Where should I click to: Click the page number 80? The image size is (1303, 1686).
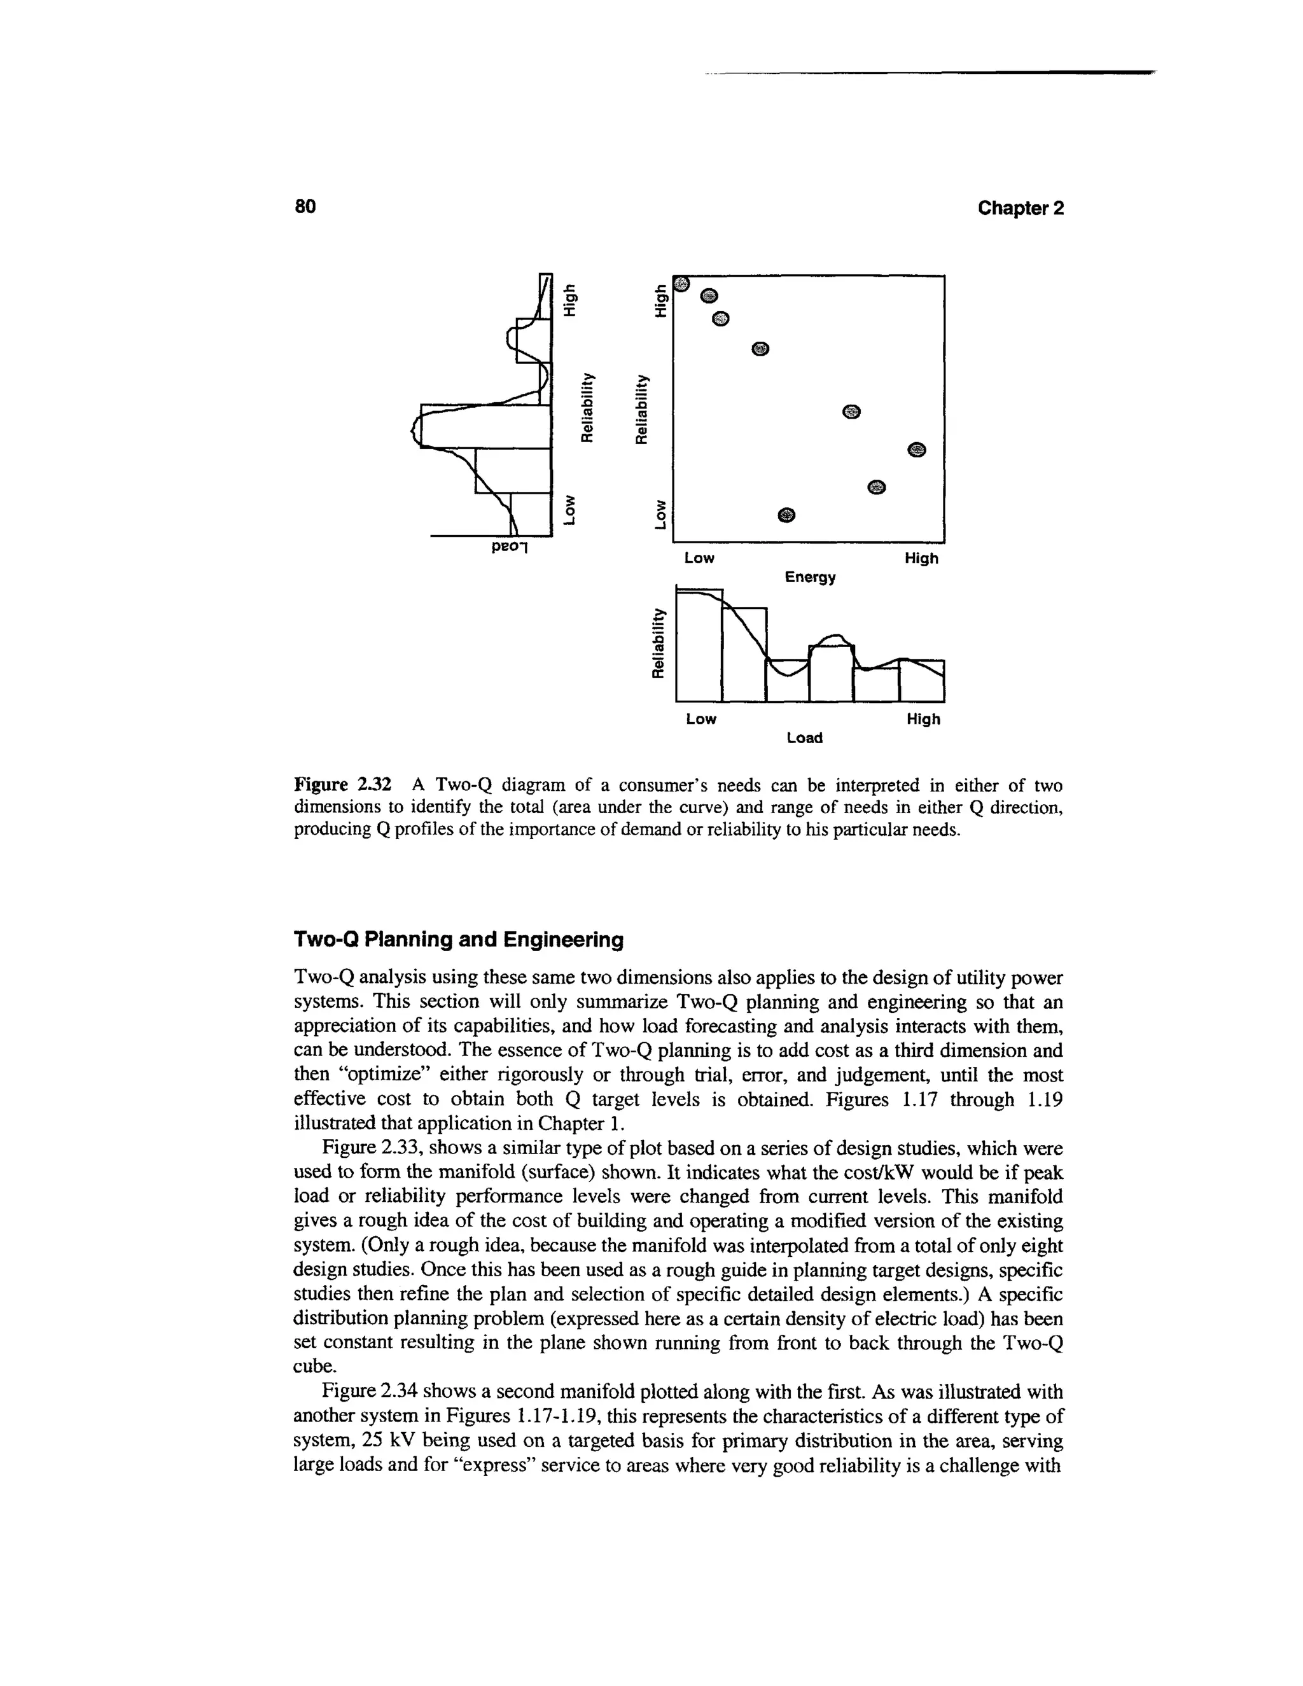tap(305, 207)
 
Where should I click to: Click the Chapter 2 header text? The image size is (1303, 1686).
tap(1020, 209)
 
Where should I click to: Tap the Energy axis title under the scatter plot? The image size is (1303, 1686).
tap(810, 578)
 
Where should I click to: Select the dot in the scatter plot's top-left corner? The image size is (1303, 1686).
tap(680, 285)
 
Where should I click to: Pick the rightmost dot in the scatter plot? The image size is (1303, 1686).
tap(916, 450)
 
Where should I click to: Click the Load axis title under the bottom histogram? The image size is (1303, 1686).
tap(804, 738)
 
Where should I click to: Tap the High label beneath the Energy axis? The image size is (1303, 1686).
tap(921, 558)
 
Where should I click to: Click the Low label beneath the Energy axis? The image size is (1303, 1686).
tap(699, 558)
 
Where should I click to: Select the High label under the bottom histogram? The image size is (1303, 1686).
tap(923, 720)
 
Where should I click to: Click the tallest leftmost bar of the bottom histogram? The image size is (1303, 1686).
tap(699, 648)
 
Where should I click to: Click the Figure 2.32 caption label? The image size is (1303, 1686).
tap(344, 786)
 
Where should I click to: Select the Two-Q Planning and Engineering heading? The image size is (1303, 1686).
tap(459, 940)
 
